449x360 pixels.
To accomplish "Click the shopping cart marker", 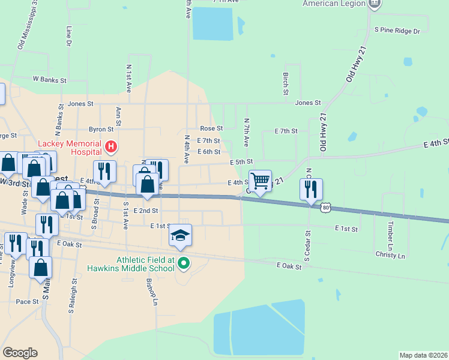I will pos(260,181).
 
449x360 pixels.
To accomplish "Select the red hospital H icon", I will pos(110,146).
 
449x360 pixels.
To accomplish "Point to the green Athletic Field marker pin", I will pos(184,263).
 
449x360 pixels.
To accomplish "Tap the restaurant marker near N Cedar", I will pos(311,189).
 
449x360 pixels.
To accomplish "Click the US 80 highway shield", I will pos(325,208).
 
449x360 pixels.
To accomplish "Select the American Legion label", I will pos(334,4).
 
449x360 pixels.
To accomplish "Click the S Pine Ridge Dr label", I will pos(397,29).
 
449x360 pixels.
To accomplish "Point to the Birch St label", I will pos(286,84).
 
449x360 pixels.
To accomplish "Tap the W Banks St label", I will pos(50,79).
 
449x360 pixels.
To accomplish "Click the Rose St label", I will pos(211,128).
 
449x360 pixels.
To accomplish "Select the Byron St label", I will pos(101,129).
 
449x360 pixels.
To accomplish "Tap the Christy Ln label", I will pos(390,256).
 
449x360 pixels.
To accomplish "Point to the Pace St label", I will pos(28,301).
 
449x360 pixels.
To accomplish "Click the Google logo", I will pos(20,353).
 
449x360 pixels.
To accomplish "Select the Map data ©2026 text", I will pos(423,355).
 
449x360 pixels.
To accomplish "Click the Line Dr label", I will pos(70,37).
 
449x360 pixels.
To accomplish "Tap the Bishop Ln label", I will pos(153,292).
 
